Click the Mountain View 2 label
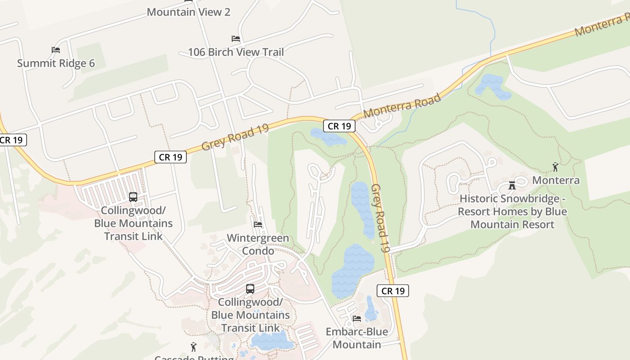click(189, 12)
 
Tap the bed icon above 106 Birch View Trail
click(236, 39)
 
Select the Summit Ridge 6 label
click(56, 63)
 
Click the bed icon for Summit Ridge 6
click(56, 50)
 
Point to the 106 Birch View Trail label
click(236, 52)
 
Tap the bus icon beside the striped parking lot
click(133, 197)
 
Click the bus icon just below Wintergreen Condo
click(250, 289)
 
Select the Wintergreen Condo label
click(258, 244)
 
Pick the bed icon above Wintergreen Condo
click(258, 224)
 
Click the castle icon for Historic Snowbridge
click(512, 185)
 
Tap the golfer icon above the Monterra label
click(555, 167)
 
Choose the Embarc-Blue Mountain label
click(357, 338)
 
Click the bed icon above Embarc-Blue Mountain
click(357, 319)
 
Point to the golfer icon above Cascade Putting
click(193, 347)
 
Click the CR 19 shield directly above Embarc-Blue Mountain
click(393, 291)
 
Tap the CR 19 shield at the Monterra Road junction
click(339, 126)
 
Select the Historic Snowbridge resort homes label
click(512, 211)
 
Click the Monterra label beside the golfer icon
click(556, 180)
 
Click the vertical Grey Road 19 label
click(381, 219)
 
